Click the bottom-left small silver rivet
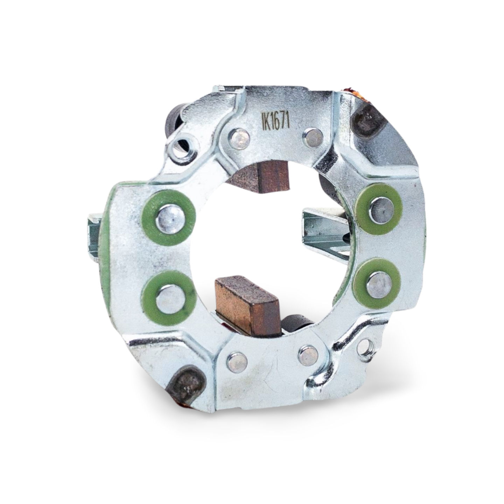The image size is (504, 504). coord(237,363)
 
